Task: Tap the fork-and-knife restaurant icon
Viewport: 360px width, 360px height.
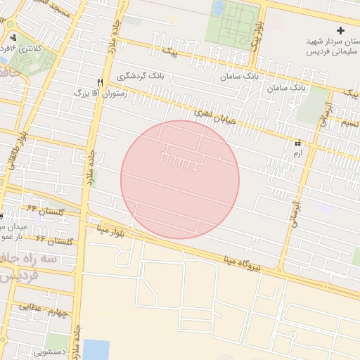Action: click(101, 82)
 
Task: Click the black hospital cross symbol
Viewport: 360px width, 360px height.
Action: click(340, 31)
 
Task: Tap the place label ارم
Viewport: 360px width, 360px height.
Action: click(298, 153)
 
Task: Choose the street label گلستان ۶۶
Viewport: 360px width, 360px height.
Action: click(54, 241)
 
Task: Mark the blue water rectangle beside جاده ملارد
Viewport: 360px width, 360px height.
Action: click(96, 349)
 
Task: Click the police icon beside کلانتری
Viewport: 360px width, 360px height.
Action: click(13, 37)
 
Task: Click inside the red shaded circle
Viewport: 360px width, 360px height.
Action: click(180, 180)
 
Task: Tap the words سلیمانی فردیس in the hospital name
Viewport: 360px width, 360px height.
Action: click(333, 52)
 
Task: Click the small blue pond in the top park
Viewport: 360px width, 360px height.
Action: click(219, 8)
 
